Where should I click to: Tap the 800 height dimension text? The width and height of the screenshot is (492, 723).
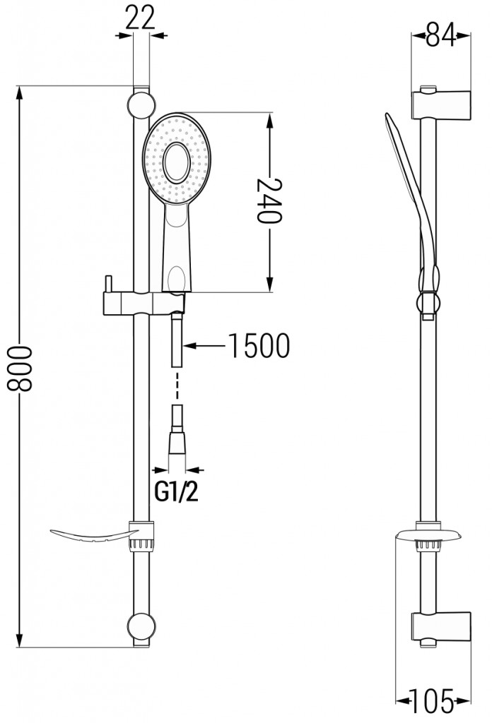pyautogui.click(x=20, y=369)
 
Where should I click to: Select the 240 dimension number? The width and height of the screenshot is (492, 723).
pyautogui.click(x=268, y=201)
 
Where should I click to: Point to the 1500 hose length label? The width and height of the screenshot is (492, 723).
pyautogui.click(x=259, y=345)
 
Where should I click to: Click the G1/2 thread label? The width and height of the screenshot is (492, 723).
pyautogui.click(x=176, y=492)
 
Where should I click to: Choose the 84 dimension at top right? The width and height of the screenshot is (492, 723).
pyautogui.click(x=441, y=35)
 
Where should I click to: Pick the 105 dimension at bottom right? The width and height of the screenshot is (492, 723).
pyautogui.click(x=433, y=701)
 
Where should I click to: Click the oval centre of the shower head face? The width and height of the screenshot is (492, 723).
pyautogui.click(x=177, y=162)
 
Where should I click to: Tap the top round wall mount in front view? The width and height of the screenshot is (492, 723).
pyautogui.click(x=141, y=106)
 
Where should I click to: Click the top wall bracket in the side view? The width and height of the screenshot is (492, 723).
pyautogui.click(x=441, y=105)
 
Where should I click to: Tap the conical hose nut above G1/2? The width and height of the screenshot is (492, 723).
pyautogui.click(x=176, y=445)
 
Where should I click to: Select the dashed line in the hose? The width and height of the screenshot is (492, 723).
pyautogui.click(x=177, y=386)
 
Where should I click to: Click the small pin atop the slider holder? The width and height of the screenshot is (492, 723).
pyautogui.click(x=108, y=284)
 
